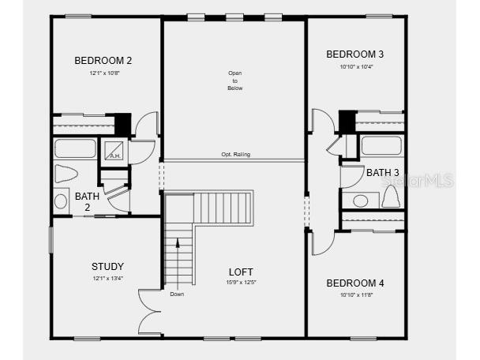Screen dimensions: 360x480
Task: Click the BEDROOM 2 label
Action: [103, 60]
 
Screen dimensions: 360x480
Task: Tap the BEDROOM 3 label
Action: [355, 54]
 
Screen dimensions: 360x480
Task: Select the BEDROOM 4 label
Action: [355, 283]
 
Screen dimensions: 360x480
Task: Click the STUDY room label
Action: [107, 266]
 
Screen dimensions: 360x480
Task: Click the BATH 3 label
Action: [383, 172]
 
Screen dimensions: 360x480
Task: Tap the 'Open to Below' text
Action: [234, 81]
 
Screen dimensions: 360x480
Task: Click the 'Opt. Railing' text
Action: [235, 155]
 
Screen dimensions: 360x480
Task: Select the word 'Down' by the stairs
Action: [177, 294]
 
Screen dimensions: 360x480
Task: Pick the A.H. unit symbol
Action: [114, 150]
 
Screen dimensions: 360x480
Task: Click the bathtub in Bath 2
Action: [75, 148]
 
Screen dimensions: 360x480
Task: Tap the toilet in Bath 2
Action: [67, 174]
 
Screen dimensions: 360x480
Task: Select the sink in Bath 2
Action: [62, 201]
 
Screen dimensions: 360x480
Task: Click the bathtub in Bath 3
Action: [381, 146]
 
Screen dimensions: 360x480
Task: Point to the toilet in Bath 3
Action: [390, 198]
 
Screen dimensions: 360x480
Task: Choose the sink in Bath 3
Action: [361, 201]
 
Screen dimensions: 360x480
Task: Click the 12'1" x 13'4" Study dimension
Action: [107, 278]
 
